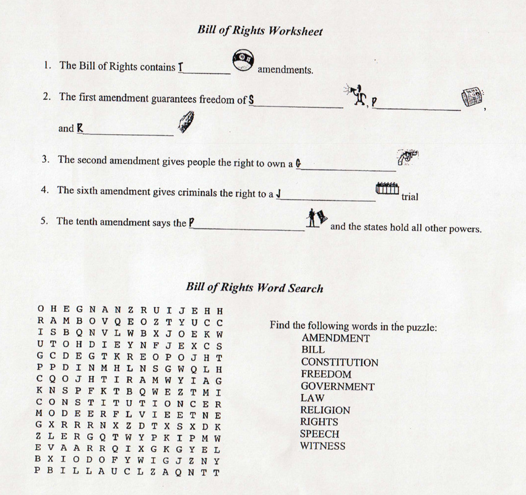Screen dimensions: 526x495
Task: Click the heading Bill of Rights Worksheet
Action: click(x=260, y=30)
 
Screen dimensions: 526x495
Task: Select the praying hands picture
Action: click(x=186, y=122)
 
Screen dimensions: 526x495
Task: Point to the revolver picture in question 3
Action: click(x=408, y=157)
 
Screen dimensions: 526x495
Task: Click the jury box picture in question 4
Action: click(x=387, y=188)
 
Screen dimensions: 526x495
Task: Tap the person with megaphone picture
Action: click(x=356, y=95)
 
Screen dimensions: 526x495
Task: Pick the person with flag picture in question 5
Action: click(x=316, y=218)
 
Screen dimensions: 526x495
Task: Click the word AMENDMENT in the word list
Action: click(x=335, y=338)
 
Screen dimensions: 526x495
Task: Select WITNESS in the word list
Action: click(x=322, y=445)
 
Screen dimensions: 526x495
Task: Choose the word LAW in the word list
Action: click(x=313, y=398)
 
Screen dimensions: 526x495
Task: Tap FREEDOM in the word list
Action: click(x=326, y=374)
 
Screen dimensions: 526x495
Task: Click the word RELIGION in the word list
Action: click(x=325, y=410)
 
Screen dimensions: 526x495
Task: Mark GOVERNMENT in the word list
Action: click(x=337, y=386)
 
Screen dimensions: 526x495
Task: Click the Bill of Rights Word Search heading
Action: click(x=254, y=287)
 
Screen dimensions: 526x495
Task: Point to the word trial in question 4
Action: click(x=410, y=197)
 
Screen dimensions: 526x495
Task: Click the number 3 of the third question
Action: click(x=45, y=158)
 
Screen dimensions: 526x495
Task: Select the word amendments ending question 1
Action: click(x=285, y=70)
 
